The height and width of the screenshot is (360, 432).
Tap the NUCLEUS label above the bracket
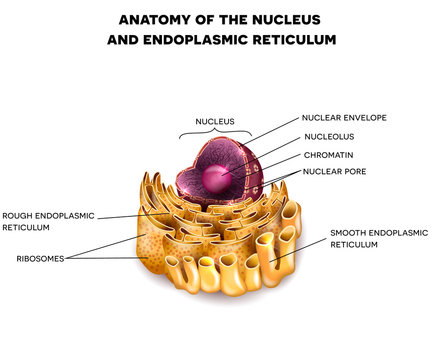click(214, 121)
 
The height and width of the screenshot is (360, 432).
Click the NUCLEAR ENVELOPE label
click(343, 117)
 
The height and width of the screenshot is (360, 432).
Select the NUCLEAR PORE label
click(334, 172)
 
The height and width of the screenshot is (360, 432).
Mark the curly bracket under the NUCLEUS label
click(214, 132)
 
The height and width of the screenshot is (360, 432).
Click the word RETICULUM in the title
click(301, 40)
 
